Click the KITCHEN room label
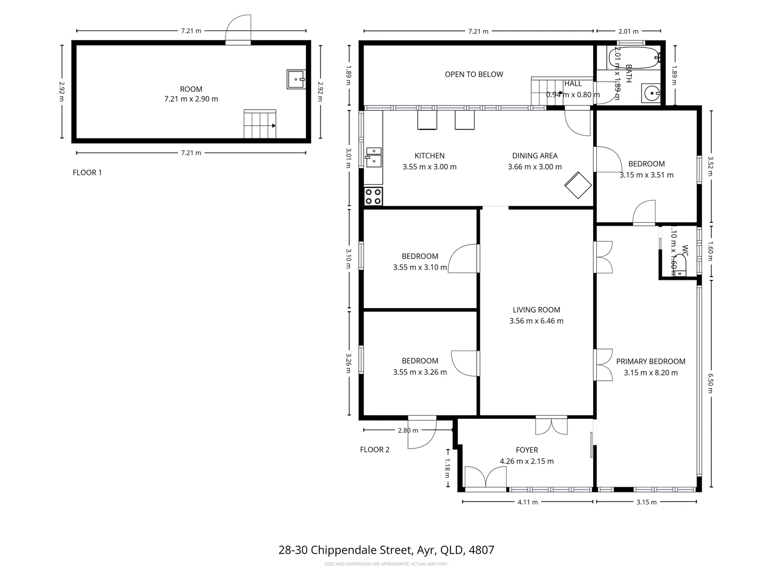[429, 156]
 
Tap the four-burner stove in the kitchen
[373, 196]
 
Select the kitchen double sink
[373, 158]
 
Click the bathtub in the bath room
[634, 57]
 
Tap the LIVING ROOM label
[536, 310]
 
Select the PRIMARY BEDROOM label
[651, 361]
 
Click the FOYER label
[527, 450]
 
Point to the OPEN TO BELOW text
[474, 74]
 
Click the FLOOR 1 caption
[87, 172]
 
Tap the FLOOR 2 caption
[375, 450]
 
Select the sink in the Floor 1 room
[296, 79]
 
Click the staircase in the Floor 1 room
[260, 124]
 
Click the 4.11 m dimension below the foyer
[527, 502]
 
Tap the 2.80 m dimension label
[407, 430]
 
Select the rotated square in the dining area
[578, 185]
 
